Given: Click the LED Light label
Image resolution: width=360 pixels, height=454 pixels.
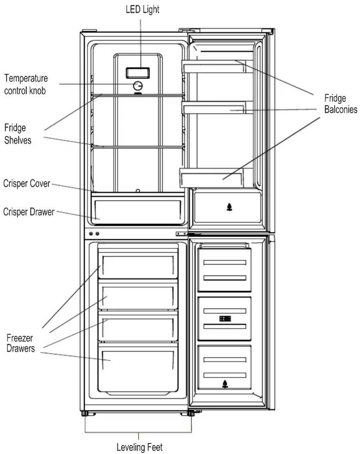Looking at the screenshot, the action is pos(142,10).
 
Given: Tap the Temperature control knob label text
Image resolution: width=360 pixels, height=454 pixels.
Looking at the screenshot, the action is pos(26,84).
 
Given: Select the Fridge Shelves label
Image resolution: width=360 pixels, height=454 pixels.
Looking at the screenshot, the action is pos(18,134).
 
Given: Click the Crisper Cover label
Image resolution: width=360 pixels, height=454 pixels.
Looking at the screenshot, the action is pos(27,184).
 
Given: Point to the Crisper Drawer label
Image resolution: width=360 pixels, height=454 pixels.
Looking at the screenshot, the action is pos(29,212).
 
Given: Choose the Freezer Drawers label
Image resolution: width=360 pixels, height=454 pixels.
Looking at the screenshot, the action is pos(21,343).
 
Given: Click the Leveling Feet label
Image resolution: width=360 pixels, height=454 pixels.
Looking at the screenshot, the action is pos(139,447).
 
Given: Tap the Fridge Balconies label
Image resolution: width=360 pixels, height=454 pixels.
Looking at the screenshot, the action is pos(341,104).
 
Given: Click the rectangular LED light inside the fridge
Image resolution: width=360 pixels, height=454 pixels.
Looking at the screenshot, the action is pos(138,73).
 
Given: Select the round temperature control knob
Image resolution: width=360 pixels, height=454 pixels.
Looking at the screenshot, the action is pos(138,86).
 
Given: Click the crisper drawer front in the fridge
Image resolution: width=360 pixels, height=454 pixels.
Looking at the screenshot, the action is pos(138,210).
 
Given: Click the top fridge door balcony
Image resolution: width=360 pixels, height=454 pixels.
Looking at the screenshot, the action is pos(217,66).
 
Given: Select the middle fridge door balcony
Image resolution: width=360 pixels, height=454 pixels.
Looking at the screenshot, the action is pos(217,108).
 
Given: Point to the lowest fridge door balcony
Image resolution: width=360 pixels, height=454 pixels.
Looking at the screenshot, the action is pos(216,178).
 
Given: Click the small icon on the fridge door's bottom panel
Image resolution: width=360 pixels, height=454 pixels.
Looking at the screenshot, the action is pos(229,207).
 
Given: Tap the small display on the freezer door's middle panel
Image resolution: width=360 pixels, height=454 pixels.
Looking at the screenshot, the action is pos(225,319).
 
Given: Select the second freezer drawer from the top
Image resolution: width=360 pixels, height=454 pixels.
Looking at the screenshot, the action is pos(138,295).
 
